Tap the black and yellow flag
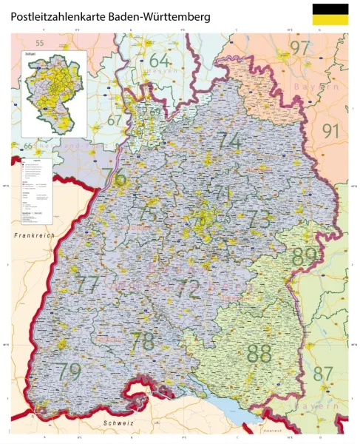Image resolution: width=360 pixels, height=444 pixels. click(330, 15)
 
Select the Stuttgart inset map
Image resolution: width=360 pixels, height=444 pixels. click(53, 92)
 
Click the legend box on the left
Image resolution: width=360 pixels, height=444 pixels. click(34, 190)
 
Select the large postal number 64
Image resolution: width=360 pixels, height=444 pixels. click(159, 60)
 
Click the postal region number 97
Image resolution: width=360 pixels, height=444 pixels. click(300, 48)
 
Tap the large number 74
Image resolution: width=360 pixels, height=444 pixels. click(229, 140)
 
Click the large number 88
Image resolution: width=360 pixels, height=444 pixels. click(259, 353)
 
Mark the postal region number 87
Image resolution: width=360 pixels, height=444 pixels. click(323, 374)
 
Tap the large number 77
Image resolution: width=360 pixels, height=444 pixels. click(88, 283)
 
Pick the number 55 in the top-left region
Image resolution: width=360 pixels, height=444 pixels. click(40, 44)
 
